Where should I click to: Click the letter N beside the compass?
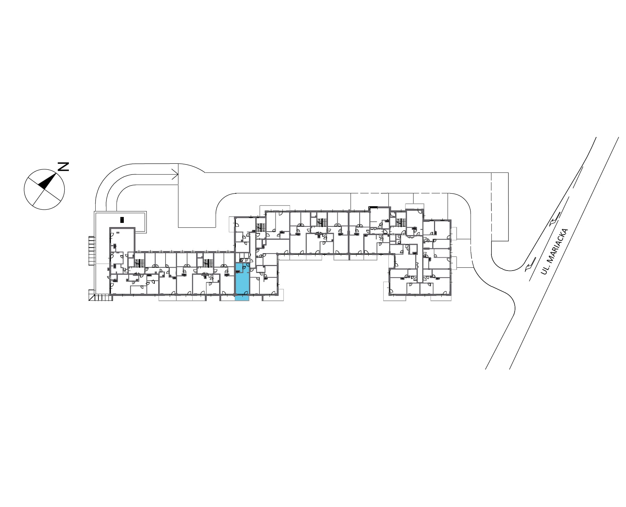pyautogui.click(x=63, y=167)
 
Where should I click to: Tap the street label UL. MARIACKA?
pyautogui.click(x=554, y=251)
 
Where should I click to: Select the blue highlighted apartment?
pyautogui.click(x=242, y=282)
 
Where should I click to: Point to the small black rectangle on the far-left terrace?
pyautogui.click(x=122, y=220)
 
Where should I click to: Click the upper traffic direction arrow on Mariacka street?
pyautogui.click(x=554, y=219)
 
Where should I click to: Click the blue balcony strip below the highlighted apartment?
pyautogui.click(x=242, y=298)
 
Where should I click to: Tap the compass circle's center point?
pyautogui.click(x=44, y=190)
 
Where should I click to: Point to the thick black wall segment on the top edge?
pyautogui.click(x=373, y=208)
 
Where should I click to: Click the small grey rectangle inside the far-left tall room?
pyautogui.click(x=118, y=232)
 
